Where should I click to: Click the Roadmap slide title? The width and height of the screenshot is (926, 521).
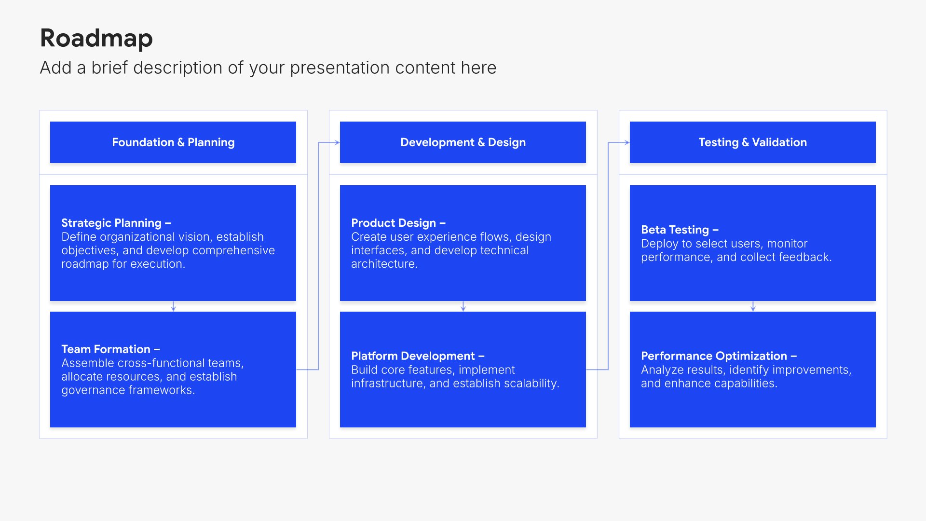click(x=96, y=39)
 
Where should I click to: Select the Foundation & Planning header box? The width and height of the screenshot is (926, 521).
click(x=173, y=142)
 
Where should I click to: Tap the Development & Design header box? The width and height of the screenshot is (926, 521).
click(x=463, y=142)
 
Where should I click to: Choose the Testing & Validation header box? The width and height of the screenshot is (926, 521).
click(x=753, y=142)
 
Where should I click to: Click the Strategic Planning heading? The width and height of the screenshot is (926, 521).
click(x=116, y=223)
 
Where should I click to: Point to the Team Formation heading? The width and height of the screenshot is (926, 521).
click(x=110, y=349)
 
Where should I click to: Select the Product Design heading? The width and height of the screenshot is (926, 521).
click(x=398, y=223)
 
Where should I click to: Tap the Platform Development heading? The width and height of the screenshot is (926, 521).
click(x=418, y=356)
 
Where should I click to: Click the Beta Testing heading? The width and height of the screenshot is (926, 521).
click(x=680, y=230)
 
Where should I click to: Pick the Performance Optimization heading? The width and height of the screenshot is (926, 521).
click(x=719, y=356)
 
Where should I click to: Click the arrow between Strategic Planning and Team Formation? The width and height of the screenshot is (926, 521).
click(x=173, y=306)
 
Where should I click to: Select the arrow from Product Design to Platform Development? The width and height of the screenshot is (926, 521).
click(x=463, y=306)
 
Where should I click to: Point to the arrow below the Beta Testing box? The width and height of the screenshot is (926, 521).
click(x=753, y=306)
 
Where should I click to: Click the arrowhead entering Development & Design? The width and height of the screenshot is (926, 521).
click(x=337, y=142)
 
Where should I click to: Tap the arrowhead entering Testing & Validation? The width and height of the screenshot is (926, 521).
click(x=627, y=142)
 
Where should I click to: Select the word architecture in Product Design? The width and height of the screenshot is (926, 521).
click(x=384, y=264)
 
